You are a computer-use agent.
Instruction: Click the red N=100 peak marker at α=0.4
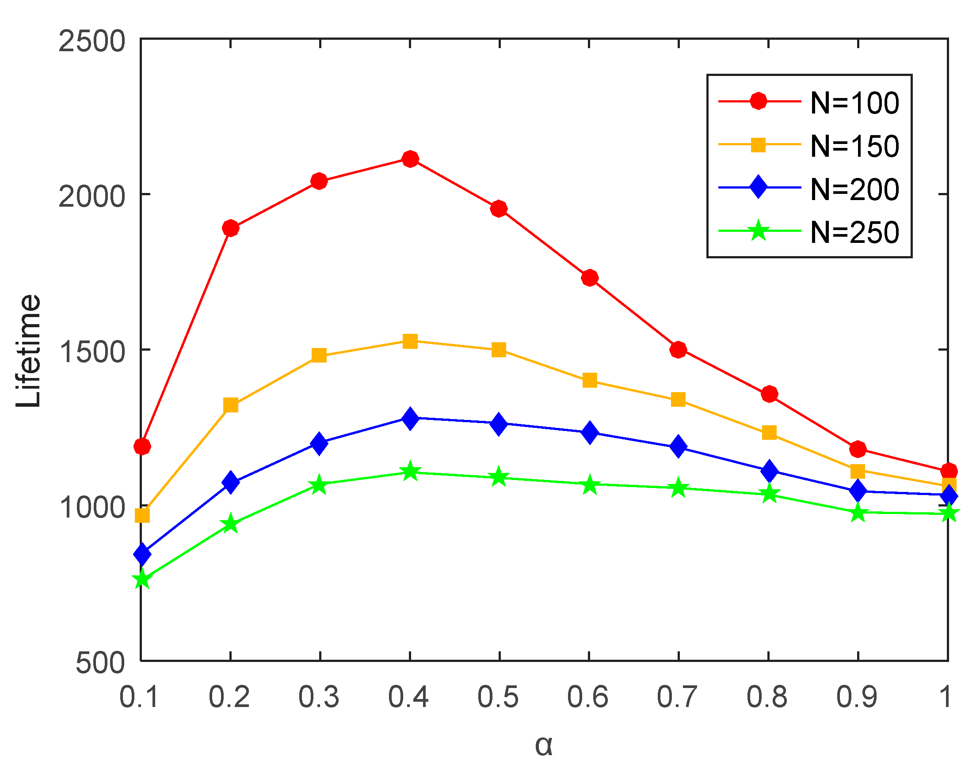pos(410,159)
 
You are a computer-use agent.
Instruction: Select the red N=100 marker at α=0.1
pos(142,446)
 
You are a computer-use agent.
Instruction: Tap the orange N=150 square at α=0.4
pos(410,341)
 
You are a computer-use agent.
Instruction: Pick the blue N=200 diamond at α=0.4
pos(410,418)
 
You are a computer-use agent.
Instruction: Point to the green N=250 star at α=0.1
pos(142,579)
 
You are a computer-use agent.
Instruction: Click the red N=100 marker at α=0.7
pos(678,349)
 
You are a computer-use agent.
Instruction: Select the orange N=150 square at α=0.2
pos(231,405)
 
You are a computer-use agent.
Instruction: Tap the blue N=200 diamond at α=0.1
pos(142,554)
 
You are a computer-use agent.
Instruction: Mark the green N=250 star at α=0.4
pos(410,472)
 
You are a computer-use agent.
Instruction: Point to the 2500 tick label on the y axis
pos(92,42)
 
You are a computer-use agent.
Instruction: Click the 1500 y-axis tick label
pos(92,352)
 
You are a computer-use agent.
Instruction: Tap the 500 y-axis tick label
pos(100,663)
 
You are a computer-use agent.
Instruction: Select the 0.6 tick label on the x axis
pos(587,696)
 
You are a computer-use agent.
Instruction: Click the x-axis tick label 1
pos(946,696)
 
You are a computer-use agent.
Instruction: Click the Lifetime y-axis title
pos(28,350)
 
